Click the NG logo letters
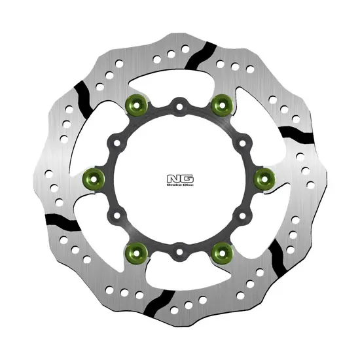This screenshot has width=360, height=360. [180, 179]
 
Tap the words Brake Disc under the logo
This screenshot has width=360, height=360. [180, 185]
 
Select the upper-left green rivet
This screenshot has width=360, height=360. [137, 105]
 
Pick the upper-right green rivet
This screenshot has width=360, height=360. [223, 105]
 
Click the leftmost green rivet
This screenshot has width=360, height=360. [94, 179]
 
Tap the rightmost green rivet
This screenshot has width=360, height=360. [264, 179]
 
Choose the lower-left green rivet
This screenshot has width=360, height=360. [137, 253]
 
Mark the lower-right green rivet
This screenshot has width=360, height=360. [223, 253]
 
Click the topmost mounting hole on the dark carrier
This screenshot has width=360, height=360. [179, 107]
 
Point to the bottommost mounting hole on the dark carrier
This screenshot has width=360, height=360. [179, 252]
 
